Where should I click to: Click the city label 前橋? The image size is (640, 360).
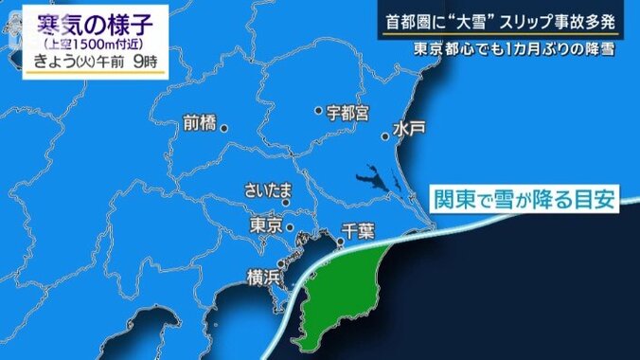pyautogui.click(x=201, y=123)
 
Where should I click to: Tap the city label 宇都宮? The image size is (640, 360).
pyautogui.click(x=347, y=112)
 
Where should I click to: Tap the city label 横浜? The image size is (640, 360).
pyautogui.click(x=264, y=278)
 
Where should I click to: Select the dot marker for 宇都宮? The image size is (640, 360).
pyautogui.click(x=319, y=111)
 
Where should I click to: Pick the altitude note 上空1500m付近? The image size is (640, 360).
pyautogui.click(x=91, y=44)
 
